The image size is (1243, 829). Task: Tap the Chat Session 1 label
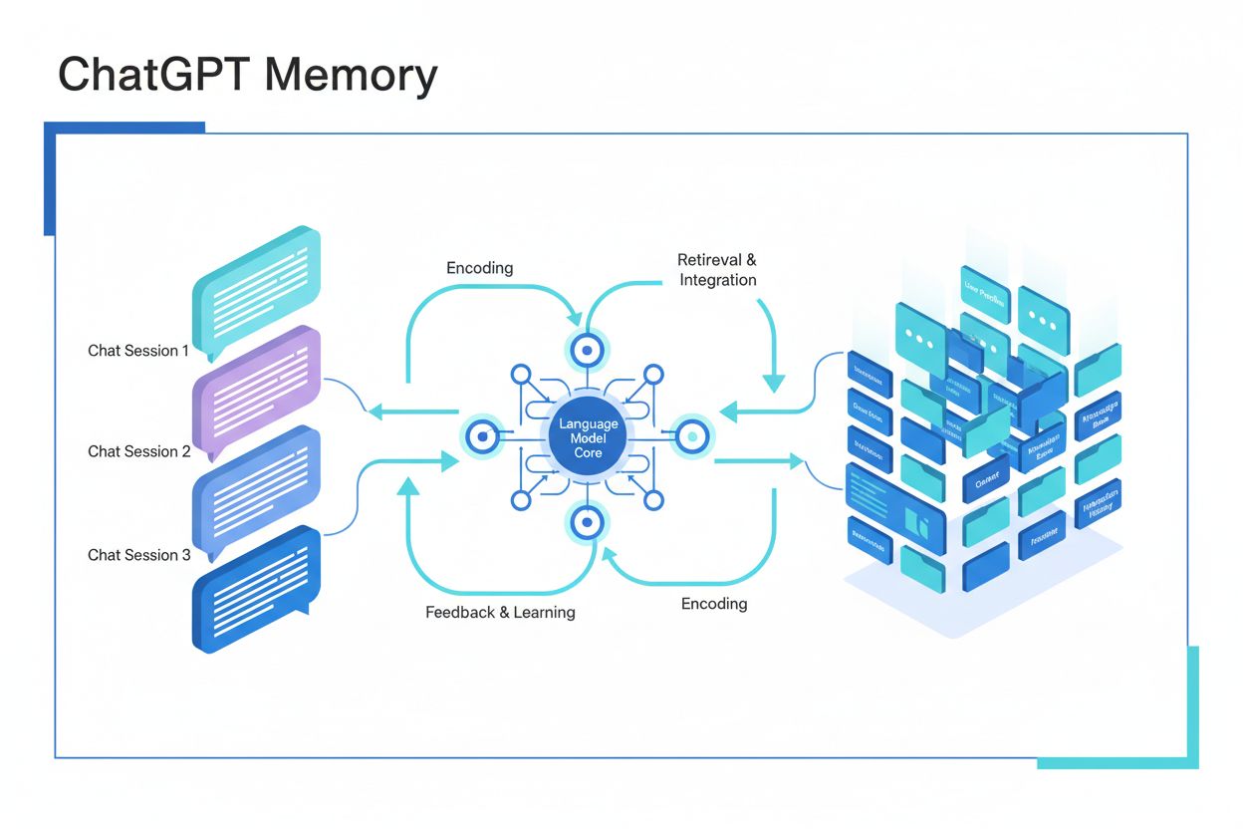point(137,351)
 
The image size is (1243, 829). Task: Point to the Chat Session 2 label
point(138,451)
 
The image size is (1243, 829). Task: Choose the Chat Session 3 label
point(138,555)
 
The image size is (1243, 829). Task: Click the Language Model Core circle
point(588,438)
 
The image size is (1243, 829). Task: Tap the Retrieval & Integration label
point(717,270)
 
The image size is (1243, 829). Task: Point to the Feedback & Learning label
point(500,612)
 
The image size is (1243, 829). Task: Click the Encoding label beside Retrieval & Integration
point(479,268)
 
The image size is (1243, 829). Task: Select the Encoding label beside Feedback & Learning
point(714,604)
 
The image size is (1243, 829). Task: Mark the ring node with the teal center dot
point(690,436)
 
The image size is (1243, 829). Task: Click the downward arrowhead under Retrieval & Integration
point(773,384)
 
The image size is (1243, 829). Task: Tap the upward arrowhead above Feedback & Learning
point(406,486)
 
